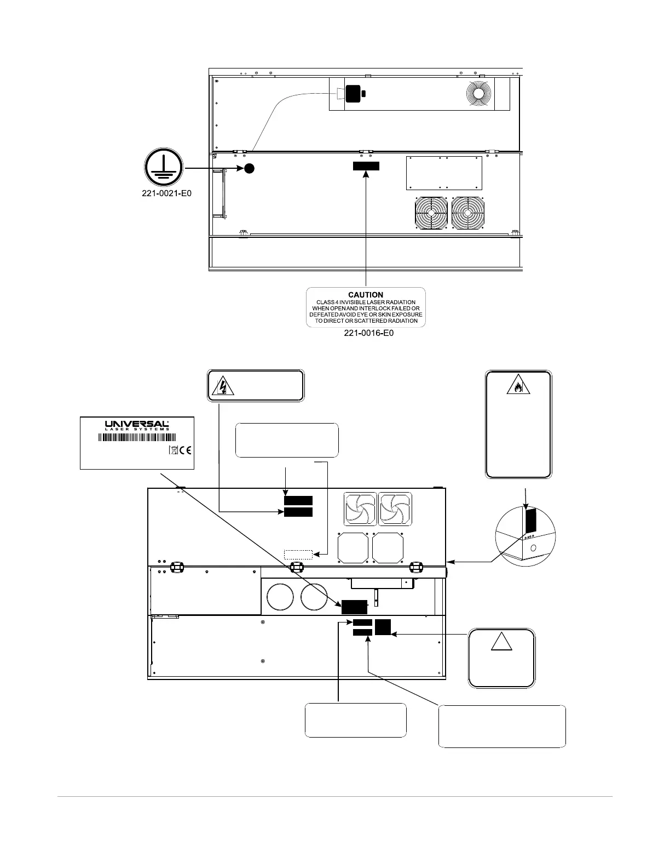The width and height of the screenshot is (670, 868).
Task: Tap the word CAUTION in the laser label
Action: point(366,295)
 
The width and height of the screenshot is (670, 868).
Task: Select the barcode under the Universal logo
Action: point(137,437)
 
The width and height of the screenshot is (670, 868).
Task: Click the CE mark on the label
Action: point(186,450)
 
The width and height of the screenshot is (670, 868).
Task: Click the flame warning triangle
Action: point(517,387)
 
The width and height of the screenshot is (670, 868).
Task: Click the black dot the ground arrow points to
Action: point(249,168)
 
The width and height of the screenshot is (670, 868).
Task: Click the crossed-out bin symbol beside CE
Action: point(174,450)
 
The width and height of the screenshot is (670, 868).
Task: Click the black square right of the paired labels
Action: point(383,627)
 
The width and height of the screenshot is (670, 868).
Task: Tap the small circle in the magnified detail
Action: point(534,547)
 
